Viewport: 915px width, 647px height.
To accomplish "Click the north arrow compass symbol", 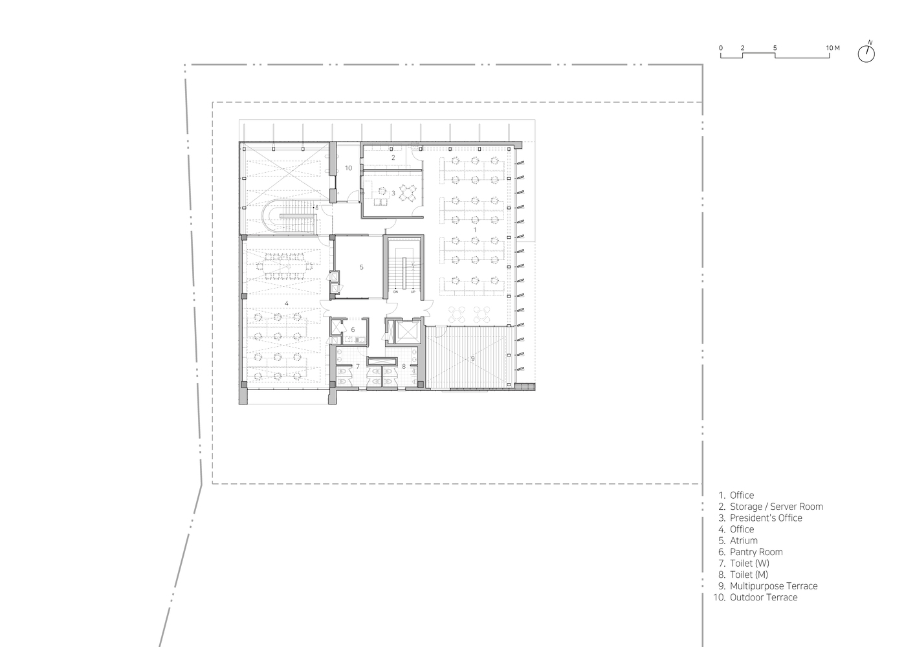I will (866, 54).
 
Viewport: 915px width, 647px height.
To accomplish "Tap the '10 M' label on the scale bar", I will (832, 48).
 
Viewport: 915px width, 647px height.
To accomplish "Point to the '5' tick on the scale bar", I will (775, 48).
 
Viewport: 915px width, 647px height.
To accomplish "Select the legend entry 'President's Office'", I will (766, 518).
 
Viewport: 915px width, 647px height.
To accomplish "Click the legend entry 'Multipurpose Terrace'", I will (773, 586).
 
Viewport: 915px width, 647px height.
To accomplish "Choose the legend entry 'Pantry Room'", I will (756, 552).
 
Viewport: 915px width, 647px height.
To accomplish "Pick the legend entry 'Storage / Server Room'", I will (776, 507).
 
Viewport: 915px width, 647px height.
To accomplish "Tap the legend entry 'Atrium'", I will (744, 540).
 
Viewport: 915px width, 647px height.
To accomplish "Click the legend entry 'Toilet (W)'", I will (749, 564).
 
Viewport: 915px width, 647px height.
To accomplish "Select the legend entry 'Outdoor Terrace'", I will (764, 597).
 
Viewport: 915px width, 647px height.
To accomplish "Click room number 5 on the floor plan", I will (362, 267).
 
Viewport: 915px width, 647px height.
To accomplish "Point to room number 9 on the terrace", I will (472, 358).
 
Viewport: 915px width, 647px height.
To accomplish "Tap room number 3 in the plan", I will (393, 193).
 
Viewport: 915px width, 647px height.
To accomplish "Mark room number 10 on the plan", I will (348, 168).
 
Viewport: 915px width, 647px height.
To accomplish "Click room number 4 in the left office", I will (286, 302).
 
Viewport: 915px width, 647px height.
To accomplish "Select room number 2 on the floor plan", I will (393, 157).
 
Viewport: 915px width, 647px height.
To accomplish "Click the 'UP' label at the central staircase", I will (413, 292).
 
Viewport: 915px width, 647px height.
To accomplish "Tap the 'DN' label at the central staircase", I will (395, 292).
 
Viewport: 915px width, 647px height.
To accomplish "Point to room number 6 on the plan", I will (353, 329).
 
